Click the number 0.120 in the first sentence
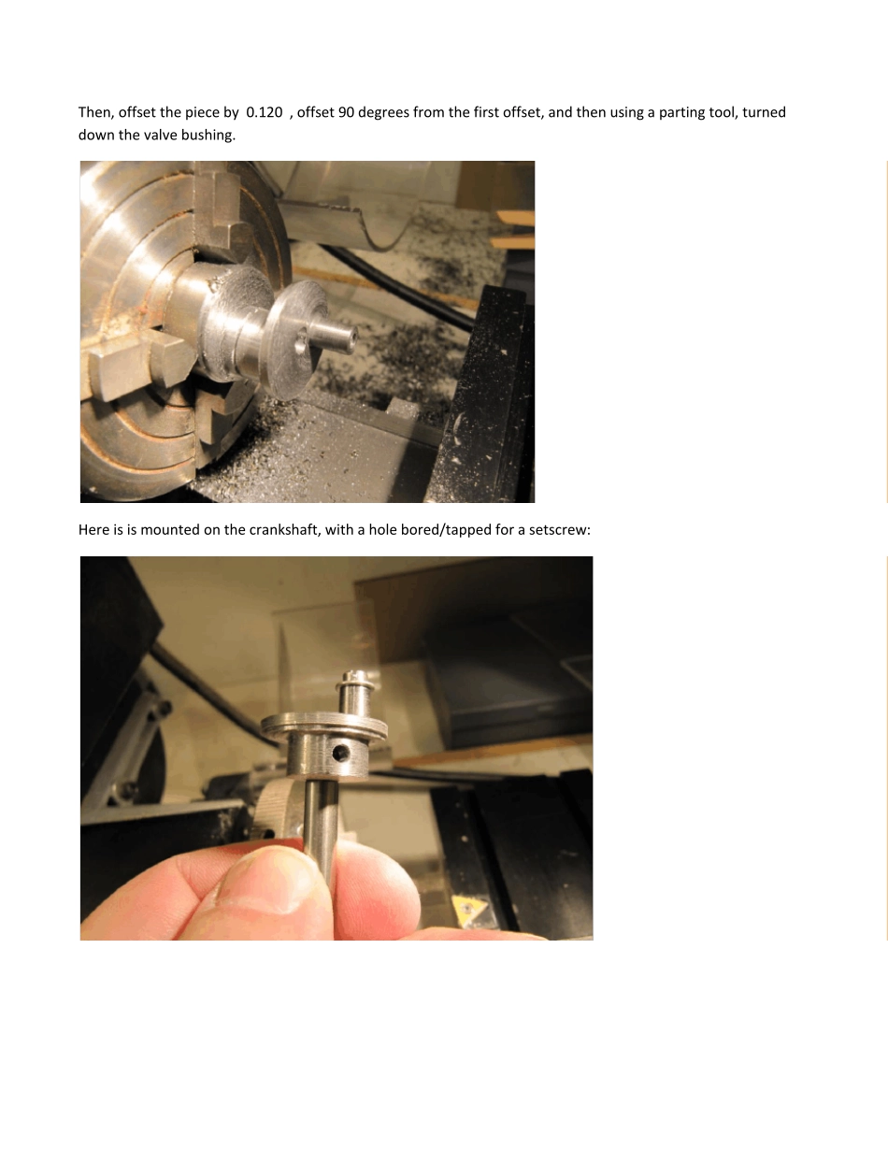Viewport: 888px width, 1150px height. [265, 112]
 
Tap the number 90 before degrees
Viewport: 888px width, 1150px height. [346, 112]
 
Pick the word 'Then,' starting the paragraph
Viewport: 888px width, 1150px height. [96, 113]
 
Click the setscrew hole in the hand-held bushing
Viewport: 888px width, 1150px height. [340, 752]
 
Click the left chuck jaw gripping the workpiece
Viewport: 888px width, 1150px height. [137, 364]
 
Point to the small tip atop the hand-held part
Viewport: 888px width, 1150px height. [355, 677]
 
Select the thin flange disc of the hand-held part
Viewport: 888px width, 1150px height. [323, 726]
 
